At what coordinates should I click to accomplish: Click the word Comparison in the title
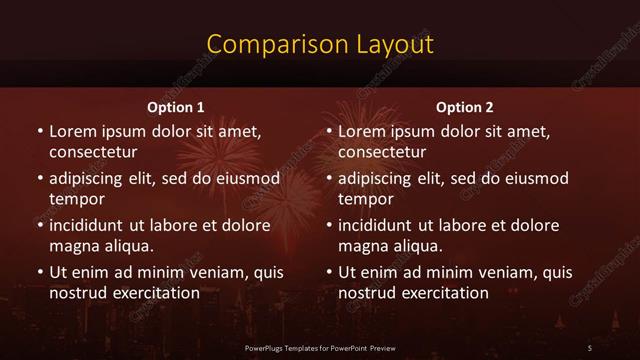[x=267, y=45]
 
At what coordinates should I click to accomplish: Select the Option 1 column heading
[x=176, y=107]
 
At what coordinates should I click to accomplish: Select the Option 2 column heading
[x=465, y=107]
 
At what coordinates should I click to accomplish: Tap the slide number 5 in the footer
[x=590, y=347]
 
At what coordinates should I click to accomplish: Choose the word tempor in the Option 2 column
[x=366, y=199]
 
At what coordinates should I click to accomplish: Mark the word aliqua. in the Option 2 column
[x=417, y=246]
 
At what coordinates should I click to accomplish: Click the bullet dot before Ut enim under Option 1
[x=39, y=272]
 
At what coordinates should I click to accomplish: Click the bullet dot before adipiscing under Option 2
[x=329, y=179]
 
